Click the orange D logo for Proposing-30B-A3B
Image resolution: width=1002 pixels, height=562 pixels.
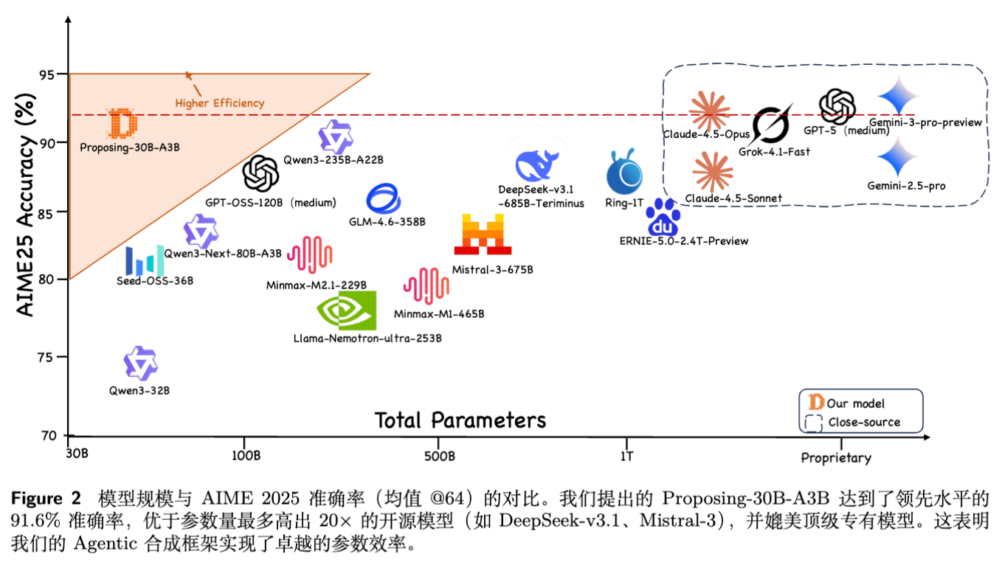click(122, 123)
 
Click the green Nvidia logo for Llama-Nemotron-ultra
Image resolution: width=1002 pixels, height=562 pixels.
click(346, 311)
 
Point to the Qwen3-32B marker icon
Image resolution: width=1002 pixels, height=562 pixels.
click(140, 364)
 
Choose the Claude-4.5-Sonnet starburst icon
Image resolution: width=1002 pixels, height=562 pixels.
click(713, 170)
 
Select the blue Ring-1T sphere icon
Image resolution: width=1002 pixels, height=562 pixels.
click(624, 173)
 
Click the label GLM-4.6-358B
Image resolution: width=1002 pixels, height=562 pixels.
click(387, 221)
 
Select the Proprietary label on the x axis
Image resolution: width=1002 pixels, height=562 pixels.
click(836, 458)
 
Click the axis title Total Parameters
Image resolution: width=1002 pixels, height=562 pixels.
click(460, 420)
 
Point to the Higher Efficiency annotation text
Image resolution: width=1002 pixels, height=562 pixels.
click(219, 103)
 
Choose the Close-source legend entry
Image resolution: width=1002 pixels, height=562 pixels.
click(864, 423)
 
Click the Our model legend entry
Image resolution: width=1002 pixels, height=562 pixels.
click(855, 403)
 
